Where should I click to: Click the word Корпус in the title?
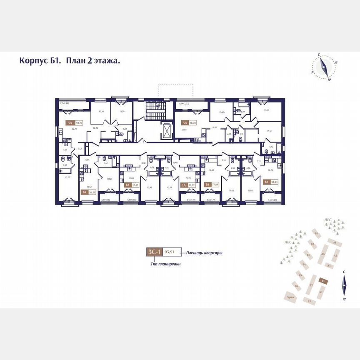33,61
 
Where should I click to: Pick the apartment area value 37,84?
215,184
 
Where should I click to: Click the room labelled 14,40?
267,110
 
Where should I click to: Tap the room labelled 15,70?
67,177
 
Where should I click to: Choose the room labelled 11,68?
109,179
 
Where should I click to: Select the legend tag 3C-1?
154,252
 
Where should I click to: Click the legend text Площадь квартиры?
204,252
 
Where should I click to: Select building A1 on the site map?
333,242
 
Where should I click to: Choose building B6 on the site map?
296,286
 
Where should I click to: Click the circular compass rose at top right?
324,67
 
